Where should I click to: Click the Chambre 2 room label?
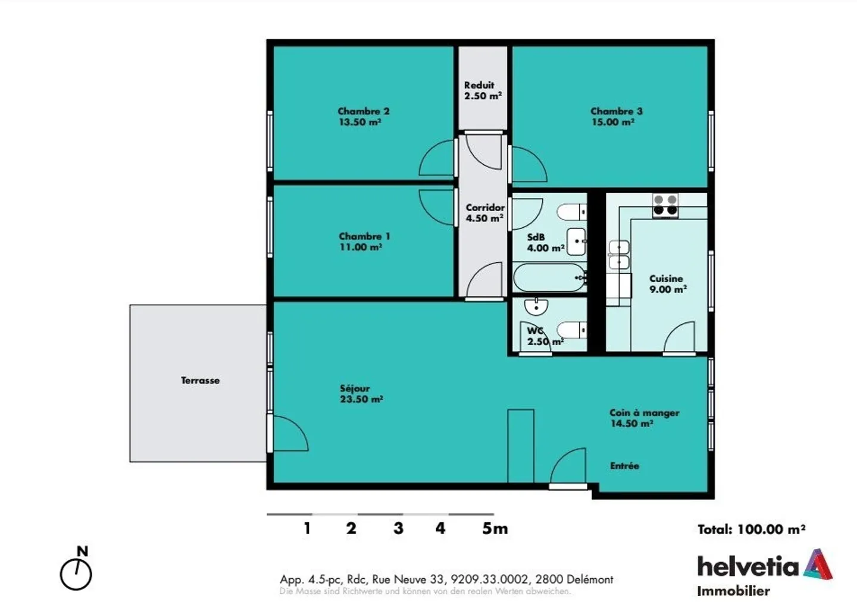click(363, 111)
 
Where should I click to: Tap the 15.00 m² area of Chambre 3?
click(613, 122)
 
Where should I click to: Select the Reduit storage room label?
click(479, 85)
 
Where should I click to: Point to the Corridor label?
click(485, 208)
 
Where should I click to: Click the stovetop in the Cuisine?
click(665, 205)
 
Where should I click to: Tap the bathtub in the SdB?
click(549, 278)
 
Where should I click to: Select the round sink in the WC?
click(536, 307)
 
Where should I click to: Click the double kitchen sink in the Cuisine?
click(619, 255)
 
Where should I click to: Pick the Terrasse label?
click(200, 380)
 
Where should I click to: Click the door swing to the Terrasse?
click(289, 434)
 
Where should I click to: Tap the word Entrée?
click(624, 466)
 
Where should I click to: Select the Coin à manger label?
click(644, 413)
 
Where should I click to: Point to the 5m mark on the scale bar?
click(495, 528)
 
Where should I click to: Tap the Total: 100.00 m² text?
click(751, 529)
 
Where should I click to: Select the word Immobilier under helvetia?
click(733, 591)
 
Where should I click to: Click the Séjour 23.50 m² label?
click(361, 394)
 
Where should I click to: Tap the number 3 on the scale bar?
click(398, 528)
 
